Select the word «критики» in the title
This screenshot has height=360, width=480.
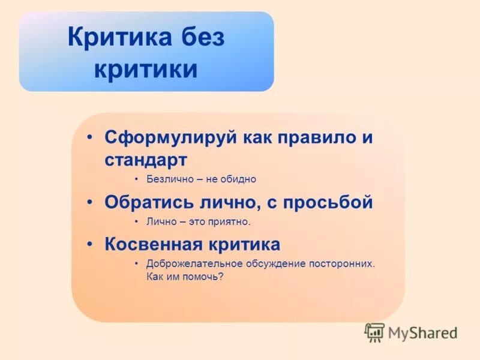point(145,70)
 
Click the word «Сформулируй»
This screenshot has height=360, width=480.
point(171,137)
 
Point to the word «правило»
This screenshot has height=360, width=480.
point(316,137)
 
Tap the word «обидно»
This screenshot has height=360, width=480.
point(239,179)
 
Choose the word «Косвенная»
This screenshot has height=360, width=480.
point(151,244)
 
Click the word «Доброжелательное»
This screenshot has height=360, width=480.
point(194,263)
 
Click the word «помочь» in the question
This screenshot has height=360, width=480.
point(204,277)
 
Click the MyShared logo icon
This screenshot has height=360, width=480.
point(374,332)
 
